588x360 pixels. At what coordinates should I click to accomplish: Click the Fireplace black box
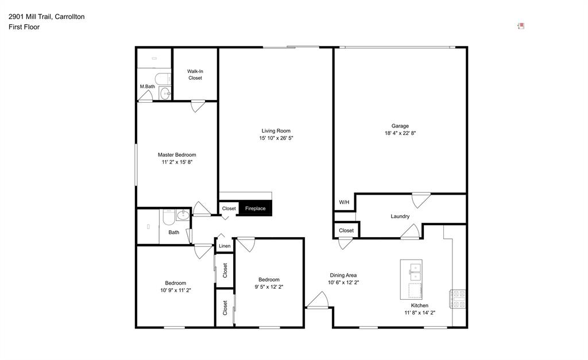pos(255,208)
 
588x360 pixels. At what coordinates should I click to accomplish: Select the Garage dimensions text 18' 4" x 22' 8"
pos(400,133)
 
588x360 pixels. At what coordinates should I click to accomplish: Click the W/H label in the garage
pos(344,202)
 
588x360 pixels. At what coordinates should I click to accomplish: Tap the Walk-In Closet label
pos(195,75)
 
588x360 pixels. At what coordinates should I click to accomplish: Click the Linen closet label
pos(224,246)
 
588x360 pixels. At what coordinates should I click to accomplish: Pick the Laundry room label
pos(400,216)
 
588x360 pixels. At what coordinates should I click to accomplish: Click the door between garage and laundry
pos(421,199)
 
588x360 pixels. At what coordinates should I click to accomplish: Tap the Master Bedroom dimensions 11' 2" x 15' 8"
pos(177,162)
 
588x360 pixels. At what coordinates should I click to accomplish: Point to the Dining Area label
pos(343,275)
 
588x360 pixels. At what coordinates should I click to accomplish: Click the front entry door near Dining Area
pos(317,301)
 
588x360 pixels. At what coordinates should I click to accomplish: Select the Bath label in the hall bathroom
pos(173,233)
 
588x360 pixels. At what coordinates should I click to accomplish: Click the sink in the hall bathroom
pos(183,216)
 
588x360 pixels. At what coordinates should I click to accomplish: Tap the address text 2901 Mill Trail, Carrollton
pos(47,17)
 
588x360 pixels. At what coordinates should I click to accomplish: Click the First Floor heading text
pos(24,27)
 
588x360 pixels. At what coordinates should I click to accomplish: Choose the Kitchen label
pos(419,305)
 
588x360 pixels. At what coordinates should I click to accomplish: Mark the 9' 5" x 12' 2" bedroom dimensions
pos(269,287)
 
